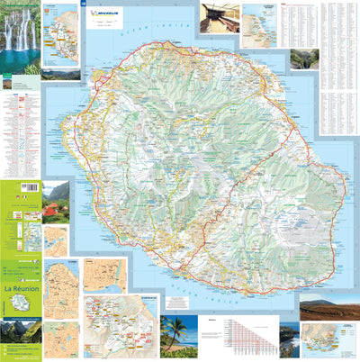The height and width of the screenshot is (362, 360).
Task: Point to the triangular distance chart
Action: coord(243,339)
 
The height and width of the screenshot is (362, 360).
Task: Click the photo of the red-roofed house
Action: coord(56,202)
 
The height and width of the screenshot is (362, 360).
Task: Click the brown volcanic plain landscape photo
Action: coord(328,310)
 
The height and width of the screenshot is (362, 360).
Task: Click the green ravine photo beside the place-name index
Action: coord(304,59)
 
